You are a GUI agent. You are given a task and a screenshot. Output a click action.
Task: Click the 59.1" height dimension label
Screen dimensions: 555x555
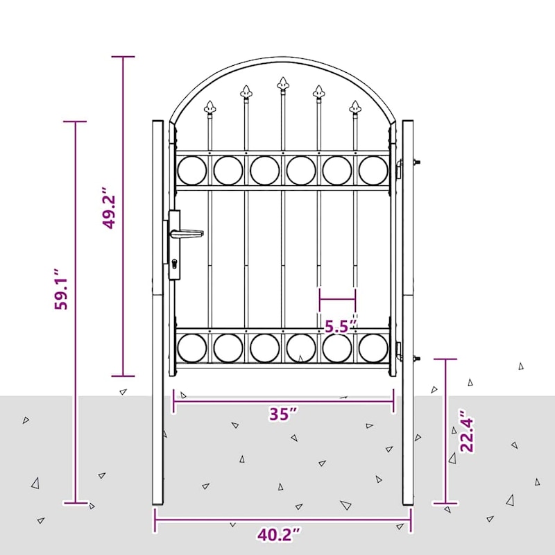click(x=60, y=289)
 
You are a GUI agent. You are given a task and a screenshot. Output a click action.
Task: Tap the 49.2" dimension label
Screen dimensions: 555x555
click(x=109, y=207)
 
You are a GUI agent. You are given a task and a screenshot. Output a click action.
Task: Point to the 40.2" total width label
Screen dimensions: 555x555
click(x=280, y=534)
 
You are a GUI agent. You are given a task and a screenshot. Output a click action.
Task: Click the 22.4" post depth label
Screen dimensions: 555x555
click(x=466, y=431)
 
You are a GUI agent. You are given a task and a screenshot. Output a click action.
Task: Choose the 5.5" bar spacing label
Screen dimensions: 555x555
click(x=339, y=327)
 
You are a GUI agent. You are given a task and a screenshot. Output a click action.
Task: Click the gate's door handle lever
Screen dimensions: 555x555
click(x=187, y=234)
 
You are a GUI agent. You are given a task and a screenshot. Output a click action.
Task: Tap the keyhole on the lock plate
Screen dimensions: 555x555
click(x=174, y=264)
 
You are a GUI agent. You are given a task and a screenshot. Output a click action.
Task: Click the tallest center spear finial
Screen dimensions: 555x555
click(x=283, y=84)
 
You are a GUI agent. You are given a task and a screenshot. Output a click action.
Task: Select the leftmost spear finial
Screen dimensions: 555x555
click(x=210, y=108)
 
